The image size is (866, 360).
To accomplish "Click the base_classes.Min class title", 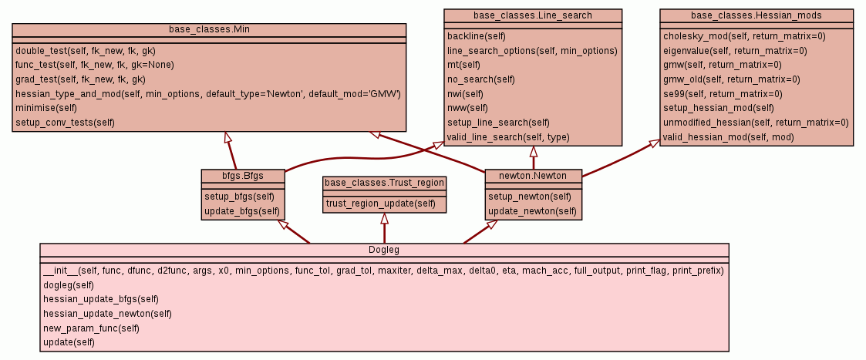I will pyautogui.click(x=209, y=29).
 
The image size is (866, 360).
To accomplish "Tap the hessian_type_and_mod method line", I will pyautogui.click(x=207, y=93).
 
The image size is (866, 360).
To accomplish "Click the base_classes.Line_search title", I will pyautogui.click(x=534, y=15).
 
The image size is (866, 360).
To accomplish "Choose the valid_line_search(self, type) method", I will pyautogui.click(x=508, y=137).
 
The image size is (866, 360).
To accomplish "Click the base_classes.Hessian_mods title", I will pyautogui.click(x=756, y=15).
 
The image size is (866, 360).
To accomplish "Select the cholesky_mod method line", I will pyautogui.click(x=743, y=36).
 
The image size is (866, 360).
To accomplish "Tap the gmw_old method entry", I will pyautogui.click(x=731, y=79).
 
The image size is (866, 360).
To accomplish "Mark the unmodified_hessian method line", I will pyautogui.click(x=756, y=123).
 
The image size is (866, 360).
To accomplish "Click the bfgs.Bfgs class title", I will pyautogui.click(x=243, y=176).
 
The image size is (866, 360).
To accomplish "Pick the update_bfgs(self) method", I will pyautogui.click(x=241, y=210).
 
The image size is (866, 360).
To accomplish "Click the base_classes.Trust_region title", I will pyautogui.click(x=384, y=183).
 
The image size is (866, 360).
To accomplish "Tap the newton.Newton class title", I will pyautogui.click(x=533, y=176).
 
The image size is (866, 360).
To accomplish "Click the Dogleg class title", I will pyautogui.click(x=384, y=250).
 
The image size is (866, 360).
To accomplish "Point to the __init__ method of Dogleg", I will pyautogui.click(x=382, y=271).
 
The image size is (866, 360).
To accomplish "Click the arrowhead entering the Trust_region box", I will pyautogui.click(x=384, y=219).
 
